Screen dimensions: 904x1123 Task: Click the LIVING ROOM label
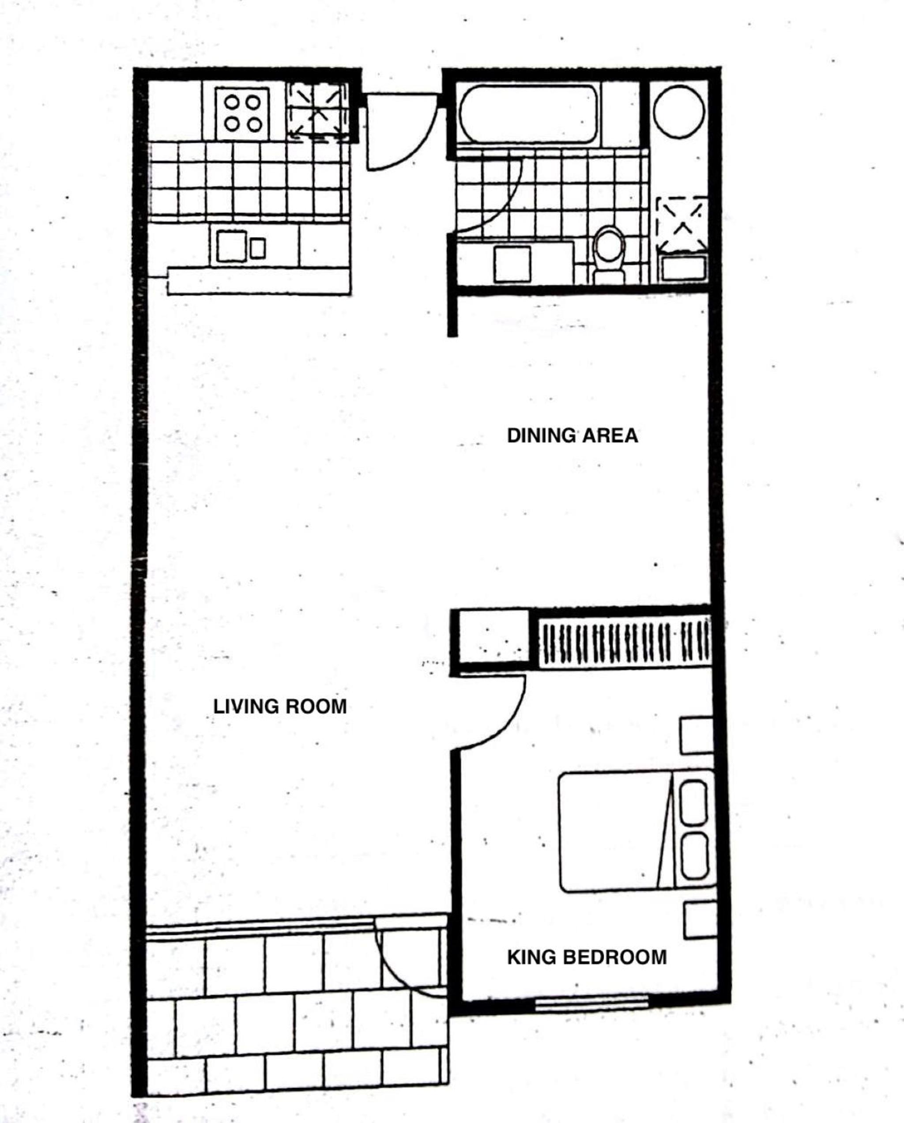click(x=280, y=707)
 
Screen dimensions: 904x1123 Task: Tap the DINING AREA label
click(x=573, y=435)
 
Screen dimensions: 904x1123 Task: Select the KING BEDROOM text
click(x=587, y=957)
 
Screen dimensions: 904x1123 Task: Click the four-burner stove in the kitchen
click(x=242, y=114)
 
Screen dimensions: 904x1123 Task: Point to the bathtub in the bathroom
click(x=528, y=113)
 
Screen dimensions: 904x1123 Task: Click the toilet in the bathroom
click(x=609, y=255)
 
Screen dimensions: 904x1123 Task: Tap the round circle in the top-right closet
click(x=678, y=111)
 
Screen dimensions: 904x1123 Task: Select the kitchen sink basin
click(x=232, y=246)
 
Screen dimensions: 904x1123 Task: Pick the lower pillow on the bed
click(x=694, y=855)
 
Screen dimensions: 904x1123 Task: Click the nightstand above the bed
click(x=696, y=735)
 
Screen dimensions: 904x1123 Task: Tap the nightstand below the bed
click(x=701, y=921)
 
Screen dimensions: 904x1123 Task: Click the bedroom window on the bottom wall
click(x=591, y=1002)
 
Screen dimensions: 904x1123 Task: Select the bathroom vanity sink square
click(x=512, y=265)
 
